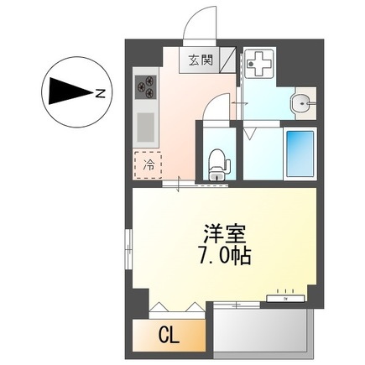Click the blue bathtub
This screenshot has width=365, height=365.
299,157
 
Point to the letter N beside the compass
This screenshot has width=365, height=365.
100,93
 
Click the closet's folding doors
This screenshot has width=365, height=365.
178,308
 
